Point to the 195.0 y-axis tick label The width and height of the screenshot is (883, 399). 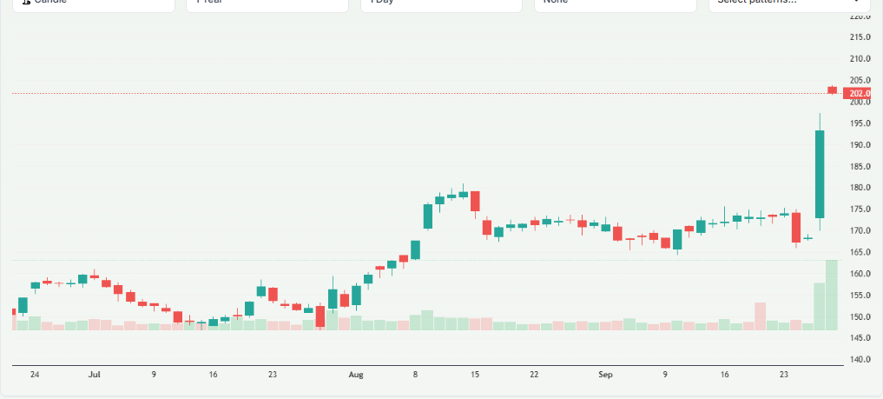point(860,123)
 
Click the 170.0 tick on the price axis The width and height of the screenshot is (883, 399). point(860,230)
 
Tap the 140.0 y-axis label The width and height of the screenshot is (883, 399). point(860,359)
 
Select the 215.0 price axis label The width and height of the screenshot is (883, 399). point(860,37)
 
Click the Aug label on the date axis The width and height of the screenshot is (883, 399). point(355,375)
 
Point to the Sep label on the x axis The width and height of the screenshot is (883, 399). point(605,375)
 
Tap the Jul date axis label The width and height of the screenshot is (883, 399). point(95,375)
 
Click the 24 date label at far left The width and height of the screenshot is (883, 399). point(35,375)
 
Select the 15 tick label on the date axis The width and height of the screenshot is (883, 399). point(474,375)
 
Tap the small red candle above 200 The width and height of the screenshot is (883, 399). point(832,90)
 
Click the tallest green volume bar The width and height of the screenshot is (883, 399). point(832,294)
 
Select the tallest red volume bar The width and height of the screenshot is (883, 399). point(761,316)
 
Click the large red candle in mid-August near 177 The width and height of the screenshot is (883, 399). point(475,201)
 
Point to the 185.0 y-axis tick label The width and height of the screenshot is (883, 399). point(860,166)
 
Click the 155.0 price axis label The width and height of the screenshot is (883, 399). point(860,295)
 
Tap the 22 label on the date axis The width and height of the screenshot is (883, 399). point(534,375)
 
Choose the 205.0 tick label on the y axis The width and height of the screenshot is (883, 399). point(860,80)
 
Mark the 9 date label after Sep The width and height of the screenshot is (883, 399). point(665,375)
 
